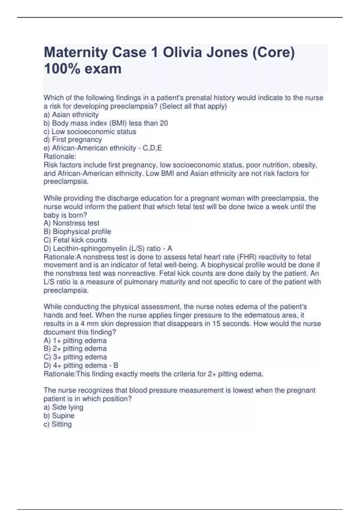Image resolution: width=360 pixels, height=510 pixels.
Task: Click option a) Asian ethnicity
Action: tap(71, 115)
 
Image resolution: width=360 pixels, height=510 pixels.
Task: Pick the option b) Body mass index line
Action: tap(106, 123)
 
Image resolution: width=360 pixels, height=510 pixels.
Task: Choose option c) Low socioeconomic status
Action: tap(90, 131)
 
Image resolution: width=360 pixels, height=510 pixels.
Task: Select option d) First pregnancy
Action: tap(73, 139)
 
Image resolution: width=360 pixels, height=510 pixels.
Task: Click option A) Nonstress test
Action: tap(71, 223)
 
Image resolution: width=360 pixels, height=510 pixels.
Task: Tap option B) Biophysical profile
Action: tap(77, 231)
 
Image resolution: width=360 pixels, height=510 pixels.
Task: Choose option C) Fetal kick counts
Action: tap(75, 240)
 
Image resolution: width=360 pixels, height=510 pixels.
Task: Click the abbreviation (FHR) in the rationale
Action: tap(247, 257)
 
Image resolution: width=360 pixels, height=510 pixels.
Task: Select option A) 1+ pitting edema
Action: tap(75, 340)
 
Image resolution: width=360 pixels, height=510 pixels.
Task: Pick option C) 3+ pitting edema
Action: tap(75, 357)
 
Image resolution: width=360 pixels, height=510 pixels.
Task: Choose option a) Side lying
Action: tap(64, 407)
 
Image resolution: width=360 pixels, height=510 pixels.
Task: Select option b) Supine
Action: tap(59, 415)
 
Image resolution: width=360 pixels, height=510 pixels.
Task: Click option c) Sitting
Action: tap(58, 424)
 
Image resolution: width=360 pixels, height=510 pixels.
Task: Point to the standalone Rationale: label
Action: tap(60, 156)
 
